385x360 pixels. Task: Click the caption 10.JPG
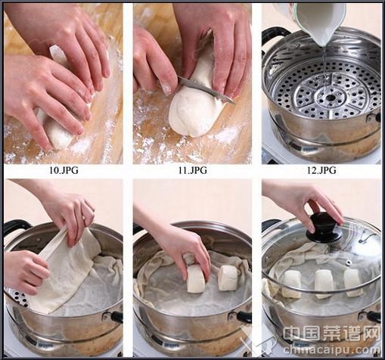pos(64,170)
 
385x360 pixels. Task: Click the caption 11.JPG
pos(193,170)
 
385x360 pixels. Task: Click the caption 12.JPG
pos(321,170)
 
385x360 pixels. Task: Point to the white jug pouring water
pos(321,21)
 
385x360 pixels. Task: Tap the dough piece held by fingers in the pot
pos(196,278)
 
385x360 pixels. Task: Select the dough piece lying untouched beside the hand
pos(228,278)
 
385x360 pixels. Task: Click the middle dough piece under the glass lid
pos(324,284)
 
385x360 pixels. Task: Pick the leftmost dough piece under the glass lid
pos(291,284)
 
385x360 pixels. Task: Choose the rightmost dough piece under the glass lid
pos(353,282)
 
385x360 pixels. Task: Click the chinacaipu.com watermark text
pos(331,350)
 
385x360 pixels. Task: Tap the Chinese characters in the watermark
pos(331,333)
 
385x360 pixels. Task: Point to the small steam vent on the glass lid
pos(349,263)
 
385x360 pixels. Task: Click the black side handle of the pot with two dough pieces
pos(244,316)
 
